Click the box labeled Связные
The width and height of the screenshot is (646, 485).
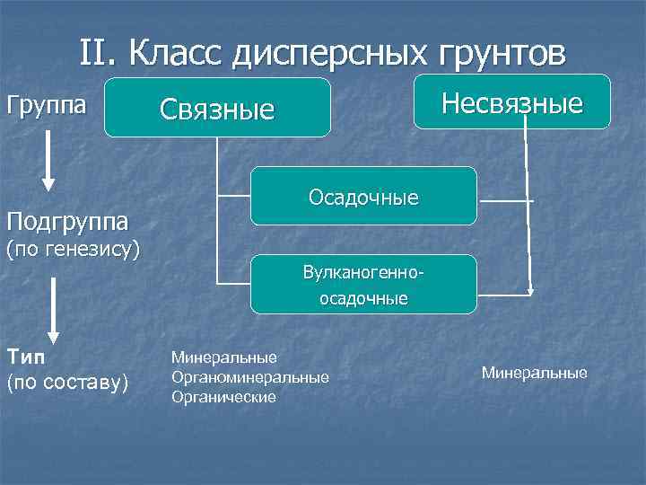pyautogui.click(x=217, y=108)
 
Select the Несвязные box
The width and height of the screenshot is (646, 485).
pyautogui.click(x=512, y=103)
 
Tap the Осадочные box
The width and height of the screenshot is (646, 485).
pyautogui.click(x=363, y=196)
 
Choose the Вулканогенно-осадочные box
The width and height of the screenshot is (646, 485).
pyautogui.click(x=363, y=284)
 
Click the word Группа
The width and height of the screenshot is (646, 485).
pyautogui.click(x=47, y=105)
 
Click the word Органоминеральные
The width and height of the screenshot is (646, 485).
pyautogui.click(x=250, y=377)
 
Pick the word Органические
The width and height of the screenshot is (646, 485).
pyautogui.click(x=223, y=396)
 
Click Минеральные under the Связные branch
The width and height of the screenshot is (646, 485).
pyautogui.click(x=224, y=358)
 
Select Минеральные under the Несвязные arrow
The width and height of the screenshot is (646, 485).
pyautogui.click(x=535, y=372)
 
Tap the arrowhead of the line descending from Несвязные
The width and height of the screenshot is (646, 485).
pyautogui.click(x=530, y=290)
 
